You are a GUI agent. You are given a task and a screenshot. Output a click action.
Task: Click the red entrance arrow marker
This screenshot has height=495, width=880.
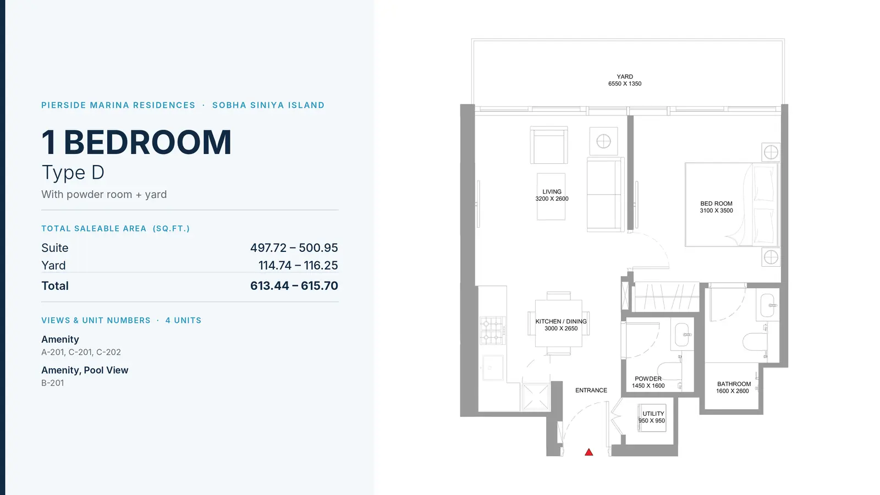[588, 452]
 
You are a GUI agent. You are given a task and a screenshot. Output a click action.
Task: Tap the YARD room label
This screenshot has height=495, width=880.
[625, 76]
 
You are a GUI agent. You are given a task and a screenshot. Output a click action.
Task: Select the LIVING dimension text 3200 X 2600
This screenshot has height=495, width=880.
[552, 199]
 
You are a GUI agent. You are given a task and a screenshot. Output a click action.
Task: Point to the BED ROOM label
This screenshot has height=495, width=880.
[716, 204]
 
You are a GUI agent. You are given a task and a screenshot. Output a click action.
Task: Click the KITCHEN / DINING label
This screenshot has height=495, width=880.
[561, 321]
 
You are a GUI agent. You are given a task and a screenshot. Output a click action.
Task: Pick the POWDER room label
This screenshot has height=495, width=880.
[648, 379]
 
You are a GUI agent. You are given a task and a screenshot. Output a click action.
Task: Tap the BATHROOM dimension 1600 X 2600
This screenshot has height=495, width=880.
[732, 391]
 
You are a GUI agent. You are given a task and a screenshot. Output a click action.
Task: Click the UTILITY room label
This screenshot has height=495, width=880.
[653, 414]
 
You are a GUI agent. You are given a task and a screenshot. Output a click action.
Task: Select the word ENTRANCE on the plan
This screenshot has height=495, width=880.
[591, 390]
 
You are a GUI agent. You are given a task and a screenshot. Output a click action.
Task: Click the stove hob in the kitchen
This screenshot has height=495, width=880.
[492, 331]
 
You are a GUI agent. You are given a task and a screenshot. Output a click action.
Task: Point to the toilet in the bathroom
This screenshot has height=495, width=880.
[755, 341]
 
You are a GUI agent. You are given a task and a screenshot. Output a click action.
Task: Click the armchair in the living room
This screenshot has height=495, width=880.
[549, 145]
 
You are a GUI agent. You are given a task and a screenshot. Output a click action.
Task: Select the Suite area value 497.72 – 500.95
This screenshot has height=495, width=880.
[294, 248]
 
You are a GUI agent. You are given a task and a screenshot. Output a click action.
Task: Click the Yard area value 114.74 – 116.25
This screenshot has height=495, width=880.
[298, 265]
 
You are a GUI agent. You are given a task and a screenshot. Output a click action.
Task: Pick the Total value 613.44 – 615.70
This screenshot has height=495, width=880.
[294, 285]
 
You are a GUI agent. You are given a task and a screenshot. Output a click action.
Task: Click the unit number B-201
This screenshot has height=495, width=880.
[53, 383]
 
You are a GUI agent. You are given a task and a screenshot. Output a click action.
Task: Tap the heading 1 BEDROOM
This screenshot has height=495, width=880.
[137, 142]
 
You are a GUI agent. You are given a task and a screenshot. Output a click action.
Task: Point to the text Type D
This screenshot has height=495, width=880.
[73, 173]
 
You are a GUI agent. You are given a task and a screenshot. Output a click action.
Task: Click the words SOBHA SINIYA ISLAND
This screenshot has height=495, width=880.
[268, 105]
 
